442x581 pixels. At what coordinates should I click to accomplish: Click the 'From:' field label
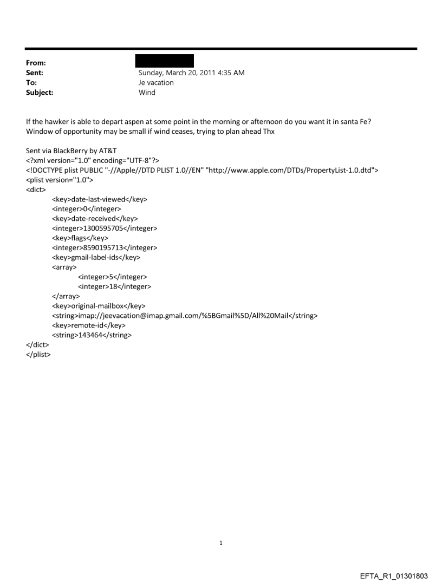(36, 63)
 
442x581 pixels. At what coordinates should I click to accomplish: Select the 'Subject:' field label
(40, 93)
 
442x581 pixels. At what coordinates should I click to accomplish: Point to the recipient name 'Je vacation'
(157, 83)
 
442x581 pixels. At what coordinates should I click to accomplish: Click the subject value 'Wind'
(147, 93)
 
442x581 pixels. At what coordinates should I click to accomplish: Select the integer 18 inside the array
(114, 286)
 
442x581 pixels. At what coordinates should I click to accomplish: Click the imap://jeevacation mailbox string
(184, 316)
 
